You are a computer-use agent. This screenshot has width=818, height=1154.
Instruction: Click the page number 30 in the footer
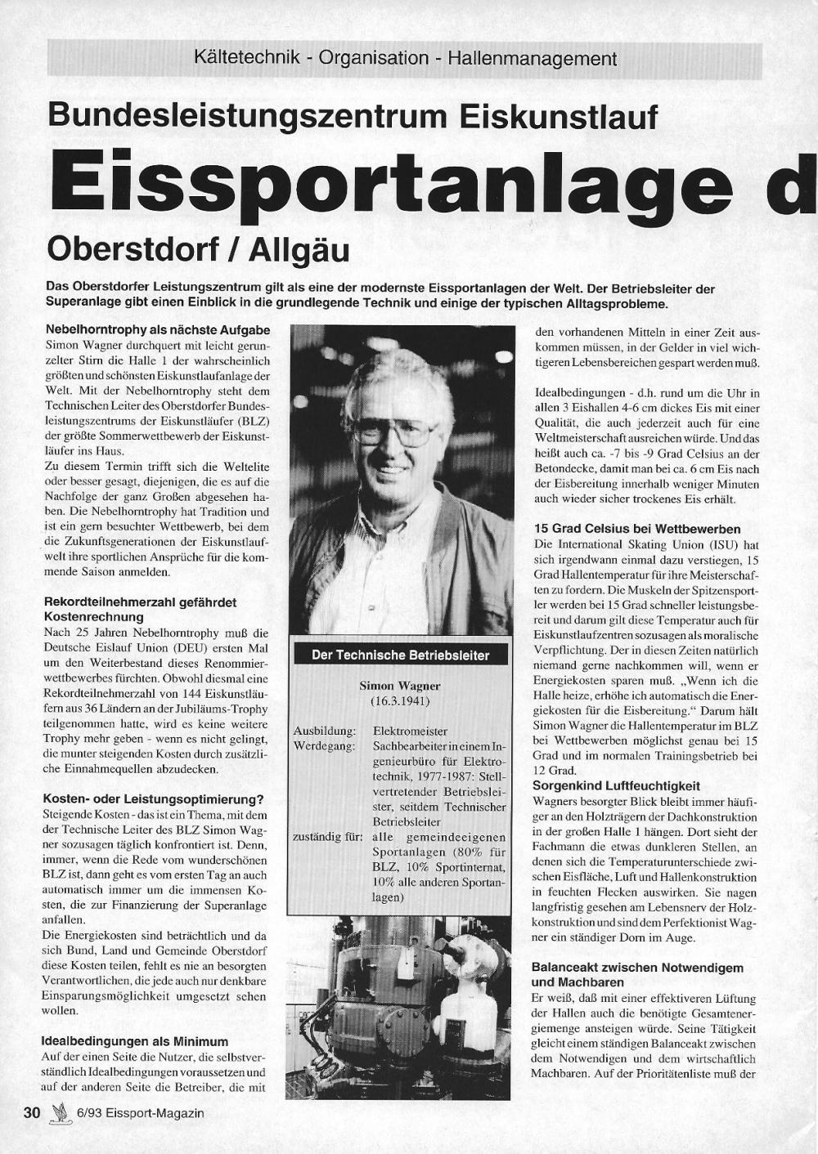pyautogui.click(x=32, y=1112)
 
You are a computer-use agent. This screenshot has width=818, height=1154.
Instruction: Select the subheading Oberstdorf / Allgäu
pyautogui.click(x=199, y=248)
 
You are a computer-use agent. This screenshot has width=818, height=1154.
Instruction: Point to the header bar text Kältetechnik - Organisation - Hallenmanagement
pyautogui.click(x=405, y=59)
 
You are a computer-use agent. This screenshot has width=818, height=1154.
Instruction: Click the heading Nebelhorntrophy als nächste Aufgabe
pyautogui.click(x=158, y=330)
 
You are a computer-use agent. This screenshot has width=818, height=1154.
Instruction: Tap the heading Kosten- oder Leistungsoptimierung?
pyautogui.click(x=152, y=799)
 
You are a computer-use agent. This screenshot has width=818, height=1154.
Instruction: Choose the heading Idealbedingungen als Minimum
pyautogui.click(x=134, y=1041)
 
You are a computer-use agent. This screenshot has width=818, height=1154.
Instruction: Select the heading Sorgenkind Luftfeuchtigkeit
pyautogui.click(x=616, y=785)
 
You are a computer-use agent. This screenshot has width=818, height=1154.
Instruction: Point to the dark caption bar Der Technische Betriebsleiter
pyautogui.click(x=400, y=655)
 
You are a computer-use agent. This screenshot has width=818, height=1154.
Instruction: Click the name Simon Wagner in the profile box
pyautogui.click(x=400, y=686)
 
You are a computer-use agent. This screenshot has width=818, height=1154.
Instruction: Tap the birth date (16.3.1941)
pyautogui.click(x=400, y=701)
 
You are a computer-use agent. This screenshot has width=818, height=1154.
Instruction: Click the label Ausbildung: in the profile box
pyautogui.click(x=325, y=731)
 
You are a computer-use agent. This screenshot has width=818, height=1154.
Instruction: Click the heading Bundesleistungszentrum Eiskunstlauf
pyautogui.click(x=353, y=115)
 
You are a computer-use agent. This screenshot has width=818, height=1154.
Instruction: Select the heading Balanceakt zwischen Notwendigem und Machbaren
pyautogui.click(x=636, y=974)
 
